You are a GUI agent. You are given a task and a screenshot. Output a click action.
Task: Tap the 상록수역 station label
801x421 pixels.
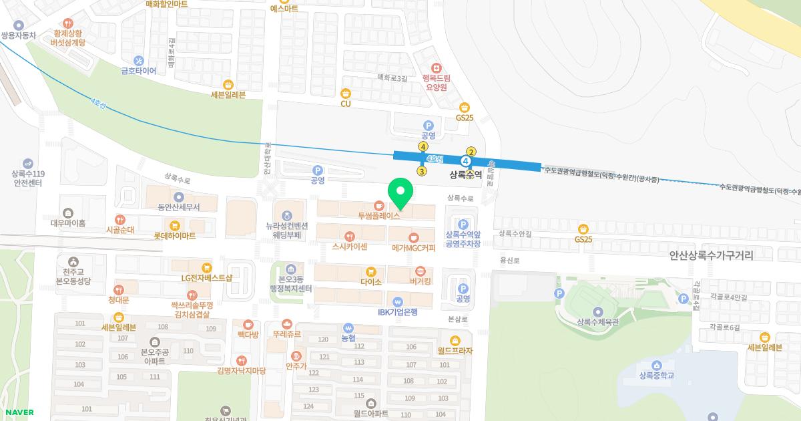[x=466, y=175]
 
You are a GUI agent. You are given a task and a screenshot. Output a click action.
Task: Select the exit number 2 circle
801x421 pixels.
[x=471, y=152]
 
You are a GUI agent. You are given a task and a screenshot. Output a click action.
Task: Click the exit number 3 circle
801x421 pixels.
[x=422, y=171]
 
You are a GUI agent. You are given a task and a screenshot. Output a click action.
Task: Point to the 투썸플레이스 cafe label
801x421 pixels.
[x=379, y=215]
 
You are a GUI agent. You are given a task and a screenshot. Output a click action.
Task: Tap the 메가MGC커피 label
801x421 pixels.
[x=413, y=248]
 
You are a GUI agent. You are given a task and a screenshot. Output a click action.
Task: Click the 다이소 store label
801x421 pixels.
[x=371, y=281]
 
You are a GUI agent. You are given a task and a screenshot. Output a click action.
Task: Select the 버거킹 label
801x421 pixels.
[x=421, y=281]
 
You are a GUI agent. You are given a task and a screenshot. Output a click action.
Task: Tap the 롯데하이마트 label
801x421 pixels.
[x=175, y=236]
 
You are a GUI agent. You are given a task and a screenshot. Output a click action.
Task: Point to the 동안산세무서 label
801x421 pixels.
[x=178, y=207]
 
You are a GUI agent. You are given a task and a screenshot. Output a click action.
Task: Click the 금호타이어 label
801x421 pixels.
[x=138, y=70]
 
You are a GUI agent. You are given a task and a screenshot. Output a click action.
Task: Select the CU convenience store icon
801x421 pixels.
[x=345, y=94]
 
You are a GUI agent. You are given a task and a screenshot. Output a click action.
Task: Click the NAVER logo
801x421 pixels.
[x=17, y=412]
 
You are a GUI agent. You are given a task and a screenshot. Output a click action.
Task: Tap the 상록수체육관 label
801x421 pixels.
[x=597, y=321]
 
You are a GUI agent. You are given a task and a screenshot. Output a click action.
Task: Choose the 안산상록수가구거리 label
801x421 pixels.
[x=710, y=256]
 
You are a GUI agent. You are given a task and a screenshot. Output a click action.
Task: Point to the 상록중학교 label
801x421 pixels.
[x=656, y=375]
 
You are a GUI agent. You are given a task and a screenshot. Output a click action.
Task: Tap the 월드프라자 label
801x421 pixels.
[x=455, y=350]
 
